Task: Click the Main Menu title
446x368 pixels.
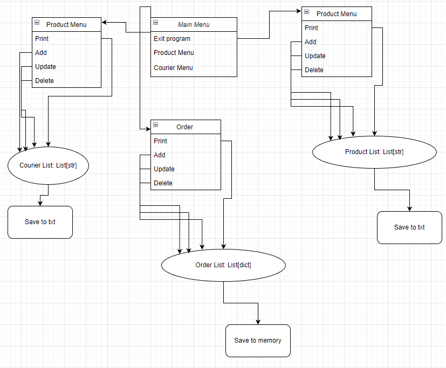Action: click(194, 24)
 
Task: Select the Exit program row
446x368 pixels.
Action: click(172, 39)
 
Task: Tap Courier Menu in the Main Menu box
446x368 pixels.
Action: click(173, 68)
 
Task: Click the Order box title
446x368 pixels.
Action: click(185, 127)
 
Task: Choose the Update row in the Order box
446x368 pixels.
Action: click(164, 169)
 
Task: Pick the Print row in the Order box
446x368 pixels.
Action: click(160, 141)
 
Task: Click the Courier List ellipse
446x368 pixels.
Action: click(48, 165)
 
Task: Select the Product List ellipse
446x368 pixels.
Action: click(374, 152)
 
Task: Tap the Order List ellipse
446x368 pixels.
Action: click(223, 265)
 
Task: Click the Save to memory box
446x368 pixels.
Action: click(258, 341)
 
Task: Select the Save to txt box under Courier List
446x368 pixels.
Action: click(40, 222)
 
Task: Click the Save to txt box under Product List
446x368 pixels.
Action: click(409, 227)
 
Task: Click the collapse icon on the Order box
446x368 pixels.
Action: click(155, 125)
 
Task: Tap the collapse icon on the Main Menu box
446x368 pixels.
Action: click(155, 23)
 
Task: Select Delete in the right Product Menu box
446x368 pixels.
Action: click(314, 70)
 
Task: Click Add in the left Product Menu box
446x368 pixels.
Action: click(41, 53)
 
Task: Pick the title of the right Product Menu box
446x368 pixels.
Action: click(337, 13)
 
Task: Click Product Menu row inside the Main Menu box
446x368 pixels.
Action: click(174, 53)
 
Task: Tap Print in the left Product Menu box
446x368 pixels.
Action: click(42, 39)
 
